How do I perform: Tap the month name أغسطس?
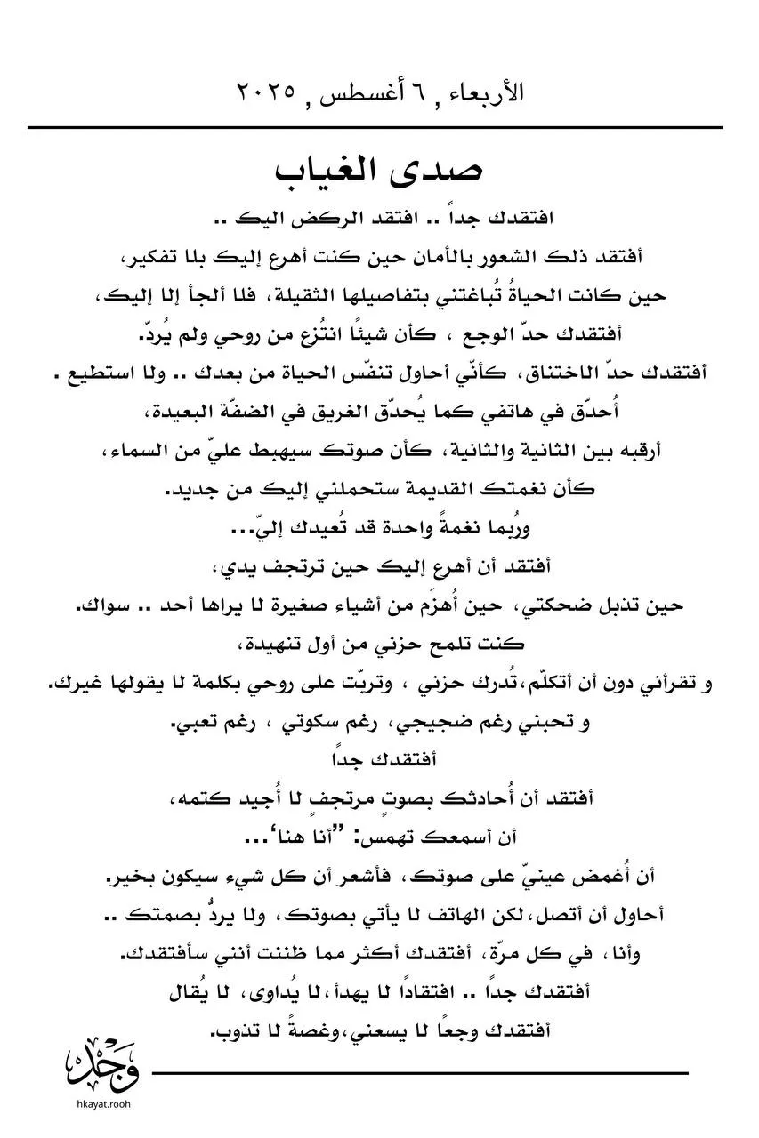[x=376, y=92]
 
